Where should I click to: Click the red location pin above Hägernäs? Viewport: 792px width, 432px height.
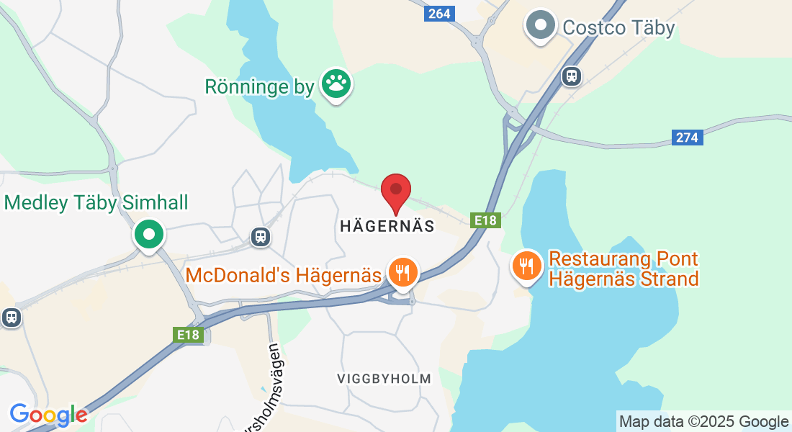[x=395, y=191]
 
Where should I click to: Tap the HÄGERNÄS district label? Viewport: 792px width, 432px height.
[x=387, y=226]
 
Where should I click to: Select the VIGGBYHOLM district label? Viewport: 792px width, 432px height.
[x=384, y=378]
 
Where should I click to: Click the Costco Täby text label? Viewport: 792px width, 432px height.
[x=618, y=28]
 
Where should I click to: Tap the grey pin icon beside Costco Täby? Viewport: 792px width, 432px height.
[x=541, y=26]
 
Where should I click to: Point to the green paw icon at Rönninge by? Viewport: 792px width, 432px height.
[x=335, y=85]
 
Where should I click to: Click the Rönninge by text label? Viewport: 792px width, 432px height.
[x=260, y=87]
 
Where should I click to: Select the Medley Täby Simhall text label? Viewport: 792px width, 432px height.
[x=96, y=202]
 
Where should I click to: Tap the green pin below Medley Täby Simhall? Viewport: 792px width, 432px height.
[x=149, y=235]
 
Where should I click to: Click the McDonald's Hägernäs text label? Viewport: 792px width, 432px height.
[x=283, y=275]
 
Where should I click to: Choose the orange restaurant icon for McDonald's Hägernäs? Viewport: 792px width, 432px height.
[x=403, y=272]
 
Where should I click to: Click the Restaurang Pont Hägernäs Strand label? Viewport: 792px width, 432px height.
[x=624, y=269]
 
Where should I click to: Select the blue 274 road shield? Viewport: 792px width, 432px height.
[x=688, y=138]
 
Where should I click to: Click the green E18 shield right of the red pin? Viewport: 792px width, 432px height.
[x=486, y=220]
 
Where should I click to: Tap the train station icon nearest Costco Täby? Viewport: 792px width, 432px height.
[x=572, y=75]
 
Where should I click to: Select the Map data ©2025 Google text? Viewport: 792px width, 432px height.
[x=703, y=422]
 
